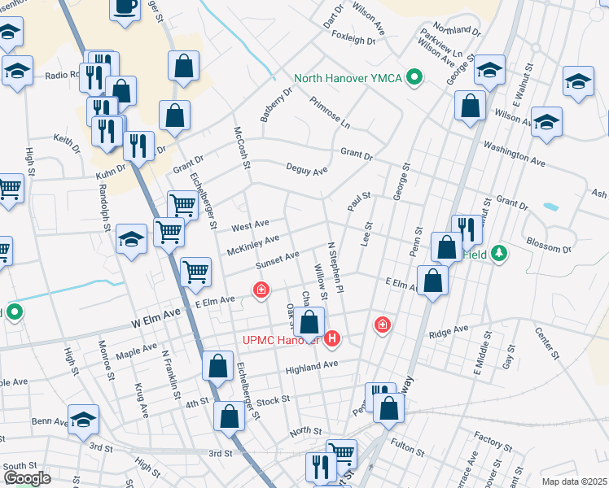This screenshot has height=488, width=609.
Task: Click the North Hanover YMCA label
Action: (x=349, y=78)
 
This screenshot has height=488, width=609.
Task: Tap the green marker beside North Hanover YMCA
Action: (x=414, y=78)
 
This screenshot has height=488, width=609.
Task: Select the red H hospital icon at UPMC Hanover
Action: (x=332, y=338)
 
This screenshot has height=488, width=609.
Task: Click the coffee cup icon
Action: (x=125, y=7)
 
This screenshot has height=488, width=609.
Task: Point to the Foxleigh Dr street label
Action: (x=353, y=37)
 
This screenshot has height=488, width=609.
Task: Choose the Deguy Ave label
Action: (x=306, y=170)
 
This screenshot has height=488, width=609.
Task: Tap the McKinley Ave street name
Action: (x=253, y=242)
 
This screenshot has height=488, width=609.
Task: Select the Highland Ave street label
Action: (x=311, y=367)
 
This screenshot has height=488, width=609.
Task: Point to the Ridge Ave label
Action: (x=449, y=331)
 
